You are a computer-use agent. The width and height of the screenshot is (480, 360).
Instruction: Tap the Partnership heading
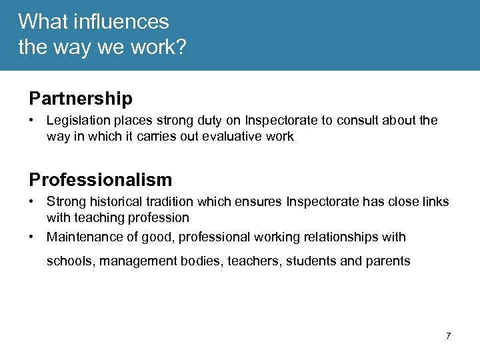(x=81, y=99)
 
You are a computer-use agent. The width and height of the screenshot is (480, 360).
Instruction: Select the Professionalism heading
(x=100, y=179)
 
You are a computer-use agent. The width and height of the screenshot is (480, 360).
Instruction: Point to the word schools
(x=71, y=261)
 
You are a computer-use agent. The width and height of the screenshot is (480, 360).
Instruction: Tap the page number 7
(x=448, y=336)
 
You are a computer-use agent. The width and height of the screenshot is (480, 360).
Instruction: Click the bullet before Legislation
(x=32, y=121)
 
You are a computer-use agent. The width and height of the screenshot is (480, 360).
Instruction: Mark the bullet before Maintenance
(x=32, y=237)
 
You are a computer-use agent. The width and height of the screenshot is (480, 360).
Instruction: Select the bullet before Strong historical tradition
(x=32, y=202)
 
